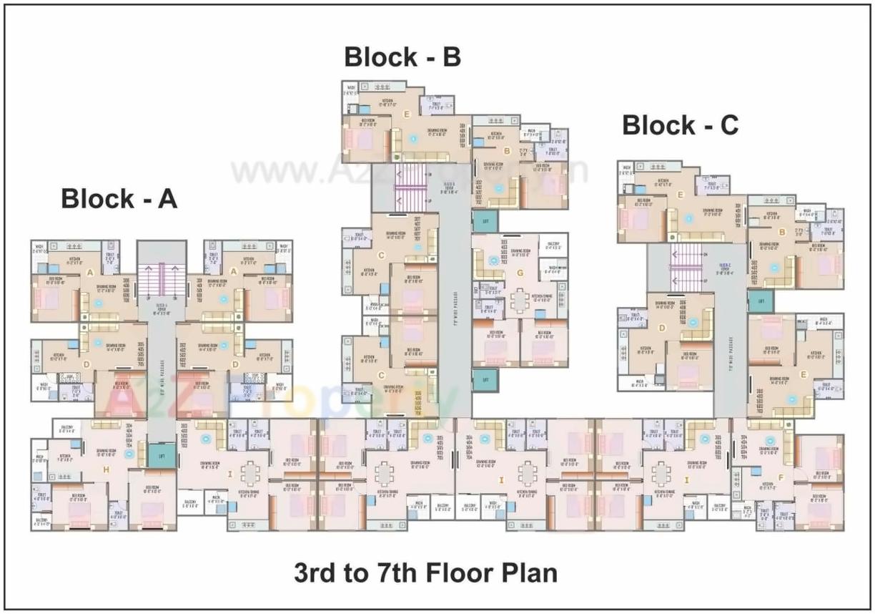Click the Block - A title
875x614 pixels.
[x=119, y=198]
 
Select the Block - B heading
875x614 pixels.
[x=402, y=57]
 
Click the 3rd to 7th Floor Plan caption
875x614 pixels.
[x=426, y=572]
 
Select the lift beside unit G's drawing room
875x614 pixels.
[x=485, y=222]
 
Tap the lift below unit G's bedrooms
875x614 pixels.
[x=485, y=378]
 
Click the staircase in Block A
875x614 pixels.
[x=162, y=279]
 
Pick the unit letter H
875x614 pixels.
[x=106, y=469]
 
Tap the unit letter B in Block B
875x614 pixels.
[x=506, y=151]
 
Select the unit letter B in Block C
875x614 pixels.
[x=783, y=232]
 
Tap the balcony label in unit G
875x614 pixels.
[x=553, y=244]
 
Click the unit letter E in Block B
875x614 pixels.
[x=407, y=114]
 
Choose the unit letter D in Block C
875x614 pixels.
[x=662, y=328]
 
